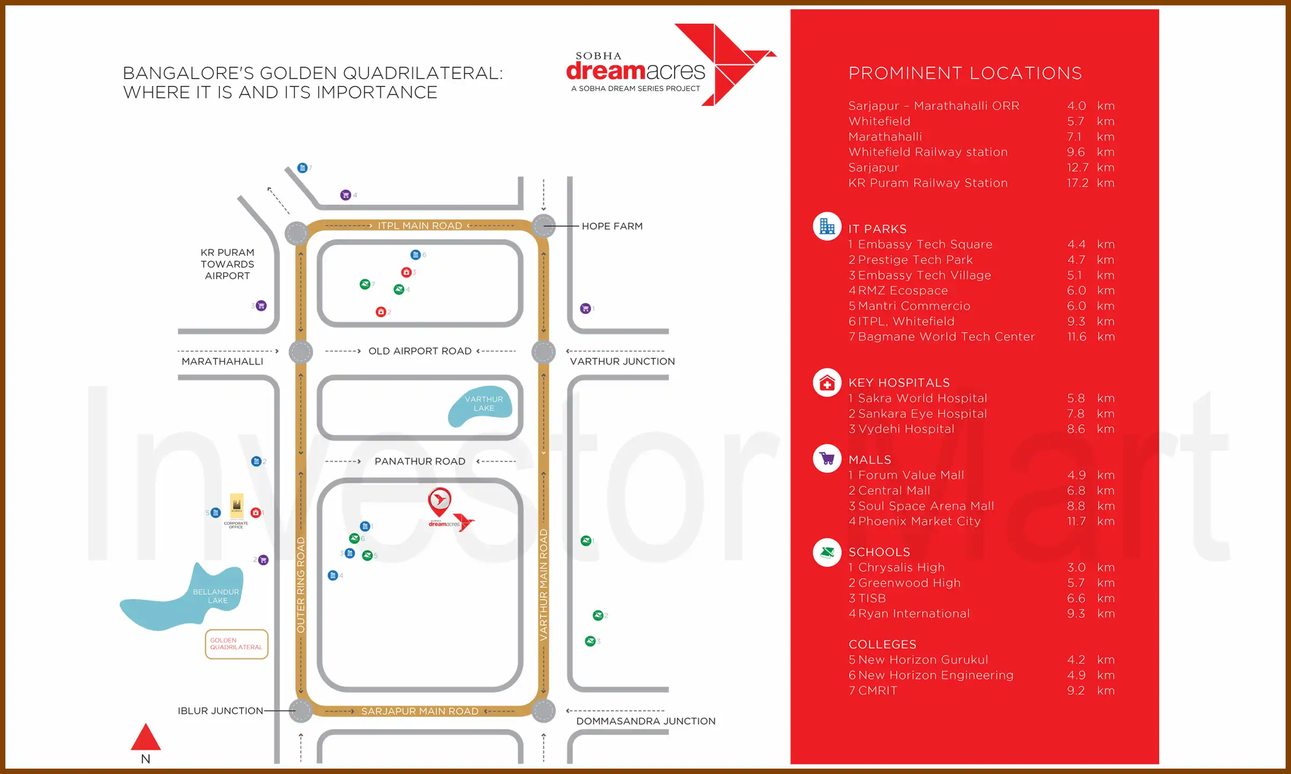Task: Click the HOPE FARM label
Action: coord(612,226)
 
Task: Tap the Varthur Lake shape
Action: coord(480,406)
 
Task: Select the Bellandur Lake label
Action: coord(216,596)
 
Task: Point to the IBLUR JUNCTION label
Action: coord(221,711)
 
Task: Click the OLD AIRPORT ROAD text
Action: coord(420,351)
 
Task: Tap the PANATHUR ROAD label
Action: coord(420,461)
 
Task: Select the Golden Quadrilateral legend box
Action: coord(236,644)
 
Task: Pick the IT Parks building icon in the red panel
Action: coord(827,227)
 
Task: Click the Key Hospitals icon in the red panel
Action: coord(827,383)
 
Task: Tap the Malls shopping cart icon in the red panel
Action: coord(827,459)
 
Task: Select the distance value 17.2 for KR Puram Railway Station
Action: coord(1077,183)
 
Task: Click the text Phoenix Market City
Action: coord(919,521)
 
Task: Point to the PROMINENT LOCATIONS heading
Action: coord(965,73)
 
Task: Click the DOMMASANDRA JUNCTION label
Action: coord(645,721)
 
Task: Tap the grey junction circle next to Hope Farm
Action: coord(543,226)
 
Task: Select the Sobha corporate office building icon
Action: coord(237,505)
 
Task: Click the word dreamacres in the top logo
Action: coord(635,71)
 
